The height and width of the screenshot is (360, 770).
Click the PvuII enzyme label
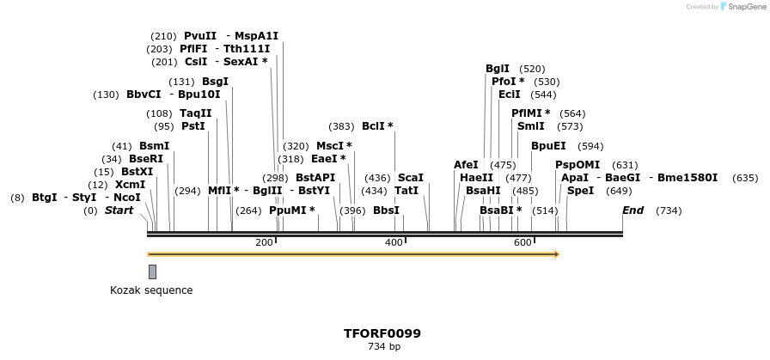[199, 36]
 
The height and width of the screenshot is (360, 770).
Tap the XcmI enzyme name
[130, 185]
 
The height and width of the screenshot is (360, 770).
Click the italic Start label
[119, 211]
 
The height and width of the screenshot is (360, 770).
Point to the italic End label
[632, 211]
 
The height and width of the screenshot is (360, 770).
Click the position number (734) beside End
[668, 211]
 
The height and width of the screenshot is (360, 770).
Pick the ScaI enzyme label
[410, 178]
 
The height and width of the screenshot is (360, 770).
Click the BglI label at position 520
[498, 69]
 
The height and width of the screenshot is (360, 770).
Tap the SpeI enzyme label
[580, 191]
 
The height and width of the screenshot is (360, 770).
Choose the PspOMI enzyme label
[577, 165]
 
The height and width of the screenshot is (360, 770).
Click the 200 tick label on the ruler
[264, 243]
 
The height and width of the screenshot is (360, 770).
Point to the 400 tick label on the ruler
[394, 243]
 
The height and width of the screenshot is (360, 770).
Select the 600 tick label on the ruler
[522, 243]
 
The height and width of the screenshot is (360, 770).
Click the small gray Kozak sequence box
[152, 272]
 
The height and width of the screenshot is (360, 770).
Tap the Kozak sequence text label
[151, 290]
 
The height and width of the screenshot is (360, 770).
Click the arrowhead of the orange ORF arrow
[557, 254]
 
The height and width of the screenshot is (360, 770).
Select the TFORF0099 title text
[382, 333]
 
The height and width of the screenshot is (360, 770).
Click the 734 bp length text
[383, 347]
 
